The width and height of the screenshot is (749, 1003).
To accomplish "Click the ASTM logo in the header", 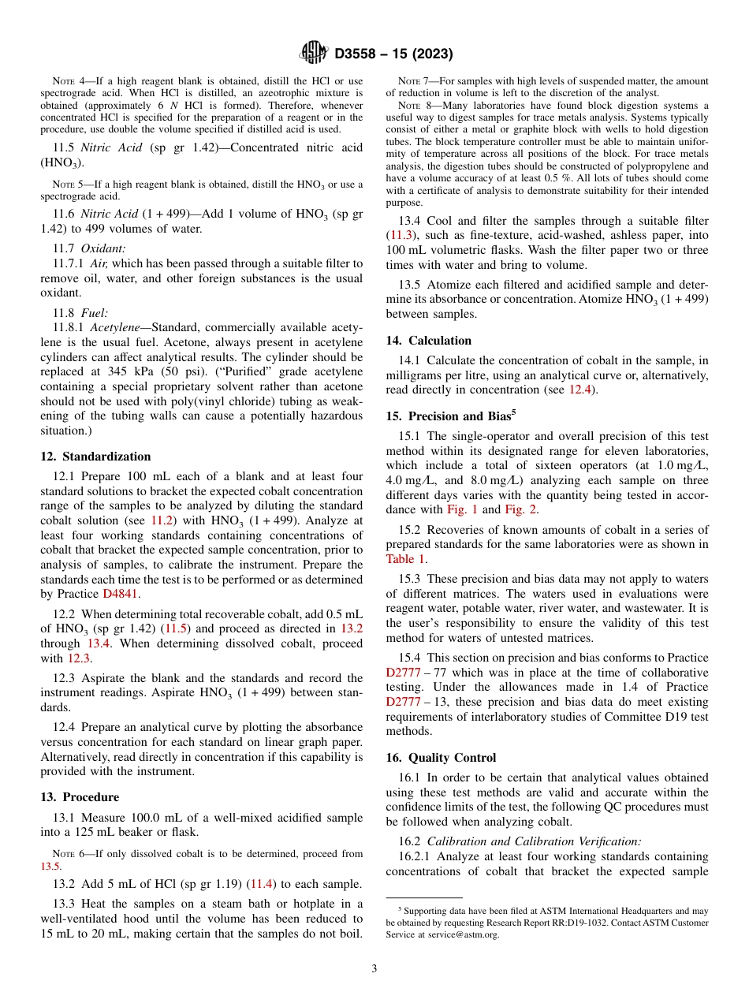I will (x=315, y=54).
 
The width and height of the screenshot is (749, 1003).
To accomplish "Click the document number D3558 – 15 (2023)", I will (x=393, y=54).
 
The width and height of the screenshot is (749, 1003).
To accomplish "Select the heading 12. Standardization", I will (x=95, y=457).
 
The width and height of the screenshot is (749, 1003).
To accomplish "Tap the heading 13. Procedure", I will (x=80, y=797).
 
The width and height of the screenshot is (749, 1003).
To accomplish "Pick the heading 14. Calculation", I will (x=428, y=341).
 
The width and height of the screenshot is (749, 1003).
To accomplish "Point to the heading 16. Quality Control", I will (x=441, y=758).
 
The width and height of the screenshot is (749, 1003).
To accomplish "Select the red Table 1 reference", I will (x=406, y=559).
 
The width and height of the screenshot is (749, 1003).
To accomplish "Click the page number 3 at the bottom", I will (x=374, y=969).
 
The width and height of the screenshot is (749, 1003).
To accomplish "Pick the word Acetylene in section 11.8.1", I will (x=117, y=326).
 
